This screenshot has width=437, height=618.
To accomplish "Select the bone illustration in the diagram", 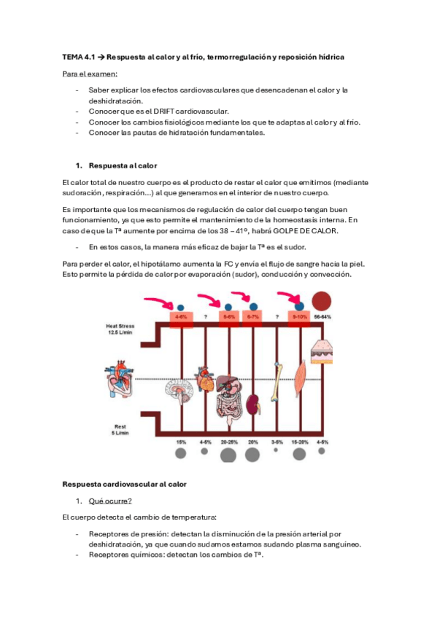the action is pos(277,382).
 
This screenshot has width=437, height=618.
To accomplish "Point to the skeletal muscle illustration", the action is pos(301,379).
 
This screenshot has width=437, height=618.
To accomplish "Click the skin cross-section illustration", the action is pos(322,352).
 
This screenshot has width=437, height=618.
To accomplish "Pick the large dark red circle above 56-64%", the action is pos(322,302).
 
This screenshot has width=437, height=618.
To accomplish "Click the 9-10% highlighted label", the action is pos(299,317).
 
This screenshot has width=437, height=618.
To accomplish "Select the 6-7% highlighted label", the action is pos(252,317).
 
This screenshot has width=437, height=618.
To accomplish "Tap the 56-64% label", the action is pos(322,317).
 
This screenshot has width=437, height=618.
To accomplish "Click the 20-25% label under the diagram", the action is pos(229,442).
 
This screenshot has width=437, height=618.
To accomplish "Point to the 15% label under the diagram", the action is pos(181,442).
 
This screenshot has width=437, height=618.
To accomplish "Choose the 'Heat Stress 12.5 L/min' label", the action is pos(120,329).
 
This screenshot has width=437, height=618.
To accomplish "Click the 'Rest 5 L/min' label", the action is pos(120,429).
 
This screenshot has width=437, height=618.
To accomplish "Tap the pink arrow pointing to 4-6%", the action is pos(159,302).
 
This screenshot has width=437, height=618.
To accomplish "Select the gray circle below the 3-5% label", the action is pos(276,450).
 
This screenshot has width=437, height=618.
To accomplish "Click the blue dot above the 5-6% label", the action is pos(228,307).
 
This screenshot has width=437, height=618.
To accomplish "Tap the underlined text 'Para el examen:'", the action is pos(90,74).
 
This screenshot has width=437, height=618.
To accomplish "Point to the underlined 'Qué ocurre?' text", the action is pos(110,501).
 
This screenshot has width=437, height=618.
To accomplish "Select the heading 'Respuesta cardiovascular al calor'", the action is pos(124,484).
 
